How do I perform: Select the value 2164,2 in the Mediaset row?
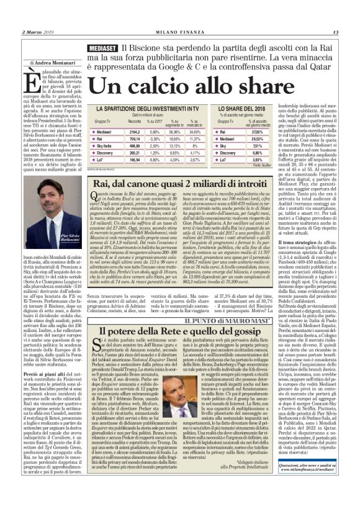pos(134,132)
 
